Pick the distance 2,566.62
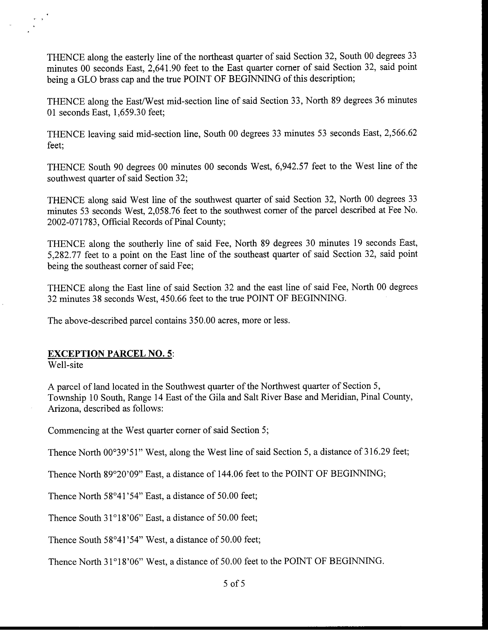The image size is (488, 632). pyautogui.click(x=400, y=133)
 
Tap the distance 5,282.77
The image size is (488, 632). pyautogui.click(x=64, y=255)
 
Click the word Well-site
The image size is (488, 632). pyautogui.click(x=66, y=365)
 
